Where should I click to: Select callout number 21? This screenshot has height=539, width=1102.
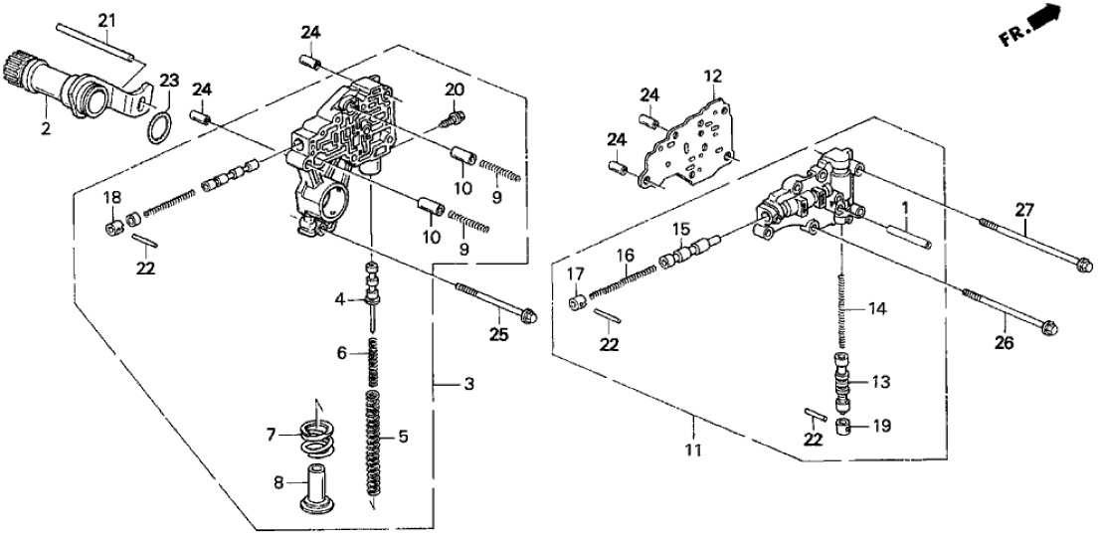[x=106, y=20]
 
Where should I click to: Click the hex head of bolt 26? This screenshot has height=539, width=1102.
[x=1046, y=325]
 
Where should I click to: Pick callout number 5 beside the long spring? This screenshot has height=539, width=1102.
[x=402, y=435]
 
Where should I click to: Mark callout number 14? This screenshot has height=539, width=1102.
[x=875, y=309]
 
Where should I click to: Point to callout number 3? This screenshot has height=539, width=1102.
[x=456, y=383]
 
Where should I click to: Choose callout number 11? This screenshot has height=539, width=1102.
[x=693, y=450]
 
